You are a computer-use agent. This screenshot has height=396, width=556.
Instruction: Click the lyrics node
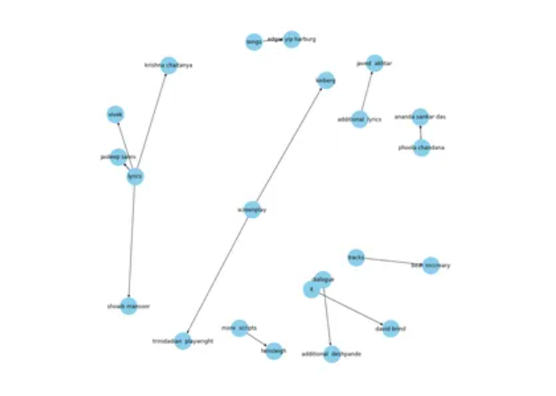(x=134, y=177)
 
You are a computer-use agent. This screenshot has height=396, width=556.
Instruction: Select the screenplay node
(x=252, y=209)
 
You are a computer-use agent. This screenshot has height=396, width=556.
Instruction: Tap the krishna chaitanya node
(x=168, y=65)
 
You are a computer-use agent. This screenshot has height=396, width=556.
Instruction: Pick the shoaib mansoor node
(x=130, y=306)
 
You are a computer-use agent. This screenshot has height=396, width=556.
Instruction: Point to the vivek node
(x=115, y=114)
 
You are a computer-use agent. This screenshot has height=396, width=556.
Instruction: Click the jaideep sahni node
(x=117, y=157)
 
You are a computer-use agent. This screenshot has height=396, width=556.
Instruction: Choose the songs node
(x=254, y=41)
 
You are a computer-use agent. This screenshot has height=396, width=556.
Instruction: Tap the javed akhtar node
(x=374, y=62)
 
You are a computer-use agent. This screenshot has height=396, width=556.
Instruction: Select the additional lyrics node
(x=359, y=119)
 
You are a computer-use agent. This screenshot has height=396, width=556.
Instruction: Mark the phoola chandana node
(x=421, y=148)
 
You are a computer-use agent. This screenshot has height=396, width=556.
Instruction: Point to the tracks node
(x=356, y=256)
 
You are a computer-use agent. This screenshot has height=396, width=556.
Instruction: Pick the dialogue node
(x=322, y=279)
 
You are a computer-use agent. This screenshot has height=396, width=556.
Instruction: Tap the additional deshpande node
(x=331, y=354)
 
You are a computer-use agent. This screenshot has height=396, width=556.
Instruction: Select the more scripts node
(x=239, y=328)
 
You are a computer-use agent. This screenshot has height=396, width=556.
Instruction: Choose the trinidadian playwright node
(x=182, y=341)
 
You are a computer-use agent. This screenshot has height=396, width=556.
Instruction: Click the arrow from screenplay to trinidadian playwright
(x=217, y=275)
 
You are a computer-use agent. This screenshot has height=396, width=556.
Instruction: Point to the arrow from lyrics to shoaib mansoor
(x=132, y=242)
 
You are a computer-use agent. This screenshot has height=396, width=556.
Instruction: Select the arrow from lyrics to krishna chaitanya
(x=151, y=121)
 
